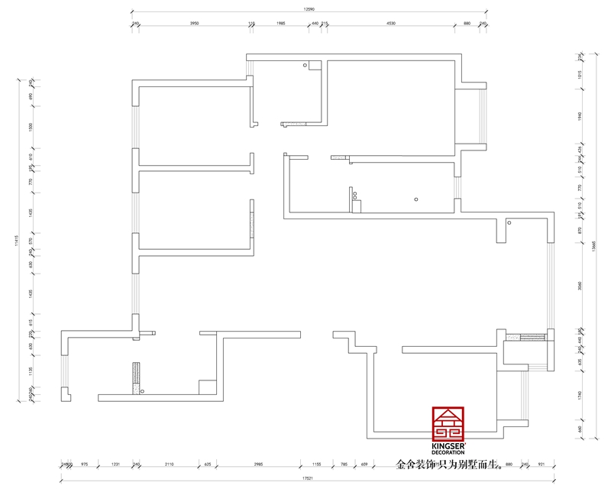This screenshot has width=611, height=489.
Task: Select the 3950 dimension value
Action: (x=194, y=24)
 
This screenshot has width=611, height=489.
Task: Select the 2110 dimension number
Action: (x=170, y=463)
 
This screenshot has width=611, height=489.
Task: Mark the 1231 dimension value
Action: (x=116, y=463)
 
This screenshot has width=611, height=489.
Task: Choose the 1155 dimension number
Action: (x=317, y=463)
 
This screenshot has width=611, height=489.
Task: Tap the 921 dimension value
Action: (x=541, y=463)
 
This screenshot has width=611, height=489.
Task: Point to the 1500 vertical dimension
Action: (x=31, y=126)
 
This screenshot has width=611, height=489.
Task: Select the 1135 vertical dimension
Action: (x=31, y=371)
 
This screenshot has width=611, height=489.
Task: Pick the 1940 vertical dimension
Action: (x=580, y=115)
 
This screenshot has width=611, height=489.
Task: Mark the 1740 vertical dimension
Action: (x=580, y=395)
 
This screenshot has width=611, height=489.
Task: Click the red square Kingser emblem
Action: (x=448, y=423)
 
